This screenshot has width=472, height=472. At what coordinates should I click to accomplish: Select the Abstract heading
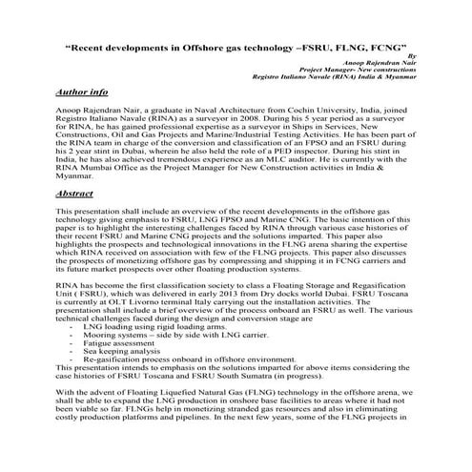coord(74,193)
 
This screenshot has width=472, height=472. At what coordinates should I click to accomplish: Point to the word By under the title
coord(412,56)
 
